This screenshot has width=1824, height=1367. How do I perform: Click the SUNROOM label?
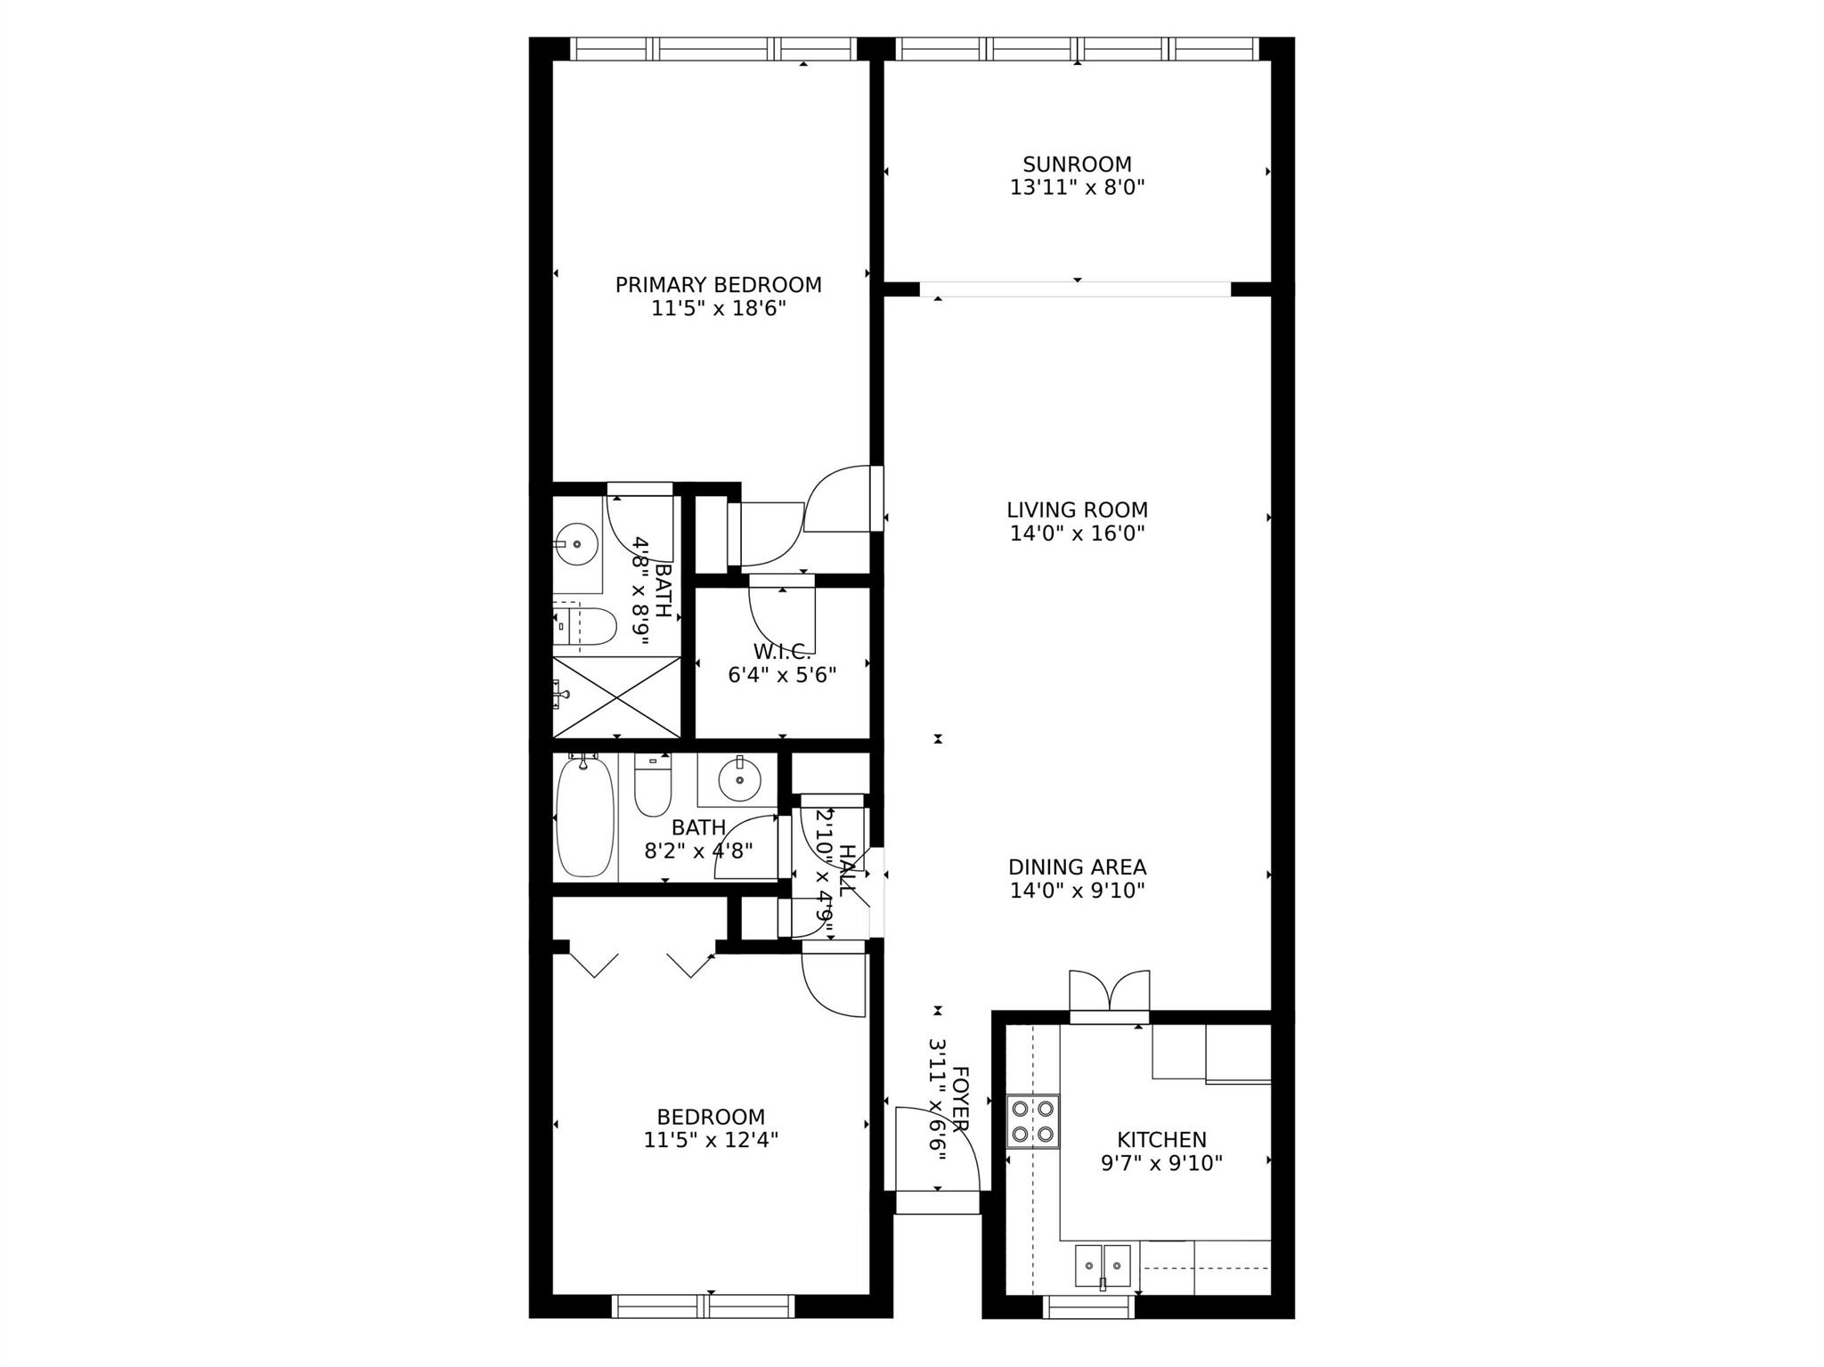coord(1077,165)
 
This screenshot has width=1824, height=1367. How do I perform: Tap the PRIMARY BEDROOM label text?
coord(718,285)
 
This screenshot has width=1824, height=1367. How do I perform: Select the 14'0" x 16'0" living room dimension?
coord(1077,533)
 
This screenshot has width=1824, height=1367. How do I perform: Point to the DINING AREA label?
coord(1077,867)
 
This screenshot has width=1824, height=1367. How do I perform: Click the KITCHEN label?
coord(1161,1140)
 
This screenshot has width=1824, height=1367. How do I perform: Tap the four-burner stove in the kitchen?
coord(1033,1121)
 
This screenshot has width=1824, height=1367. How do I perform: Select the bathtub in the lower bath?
coord(584,816)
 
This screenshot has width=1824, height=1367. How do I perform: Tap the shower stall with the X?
coord(616,697)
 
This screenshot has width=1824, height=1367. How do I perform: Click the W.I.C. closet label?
coord(782,652)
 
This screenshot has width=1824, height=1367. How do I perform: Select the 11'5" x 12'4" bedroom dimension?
coord(711,1140)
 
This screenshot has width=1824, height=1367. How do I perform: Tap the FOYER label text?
coord(960,1099)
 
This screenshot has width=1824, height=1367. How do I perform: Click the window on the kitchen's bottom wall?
coord(1088,1306)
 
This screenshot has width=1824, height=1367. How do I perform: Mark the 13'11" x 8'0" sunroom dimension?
coord(1077,188)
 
